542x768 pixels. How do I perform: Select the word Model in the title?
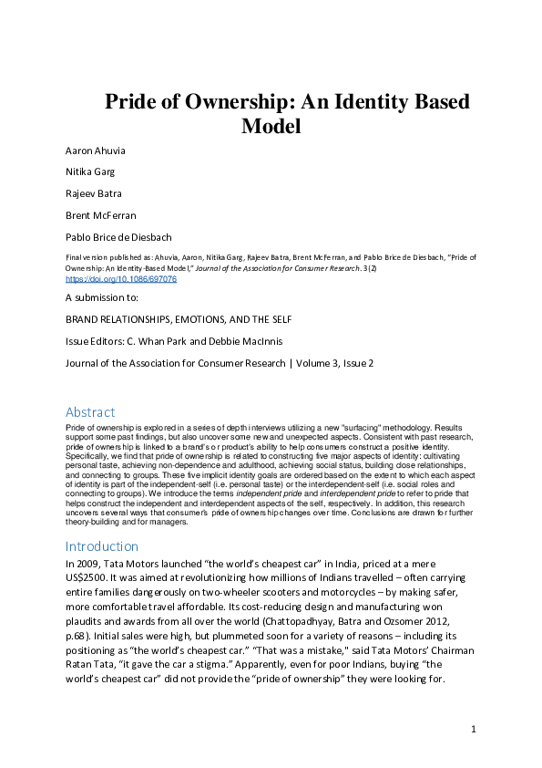(x=271, y=127)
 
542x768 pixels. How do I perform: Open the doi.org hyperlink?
(x=121, y=279)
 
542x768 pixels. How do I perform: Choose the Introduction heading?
(x=102, y=546)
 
